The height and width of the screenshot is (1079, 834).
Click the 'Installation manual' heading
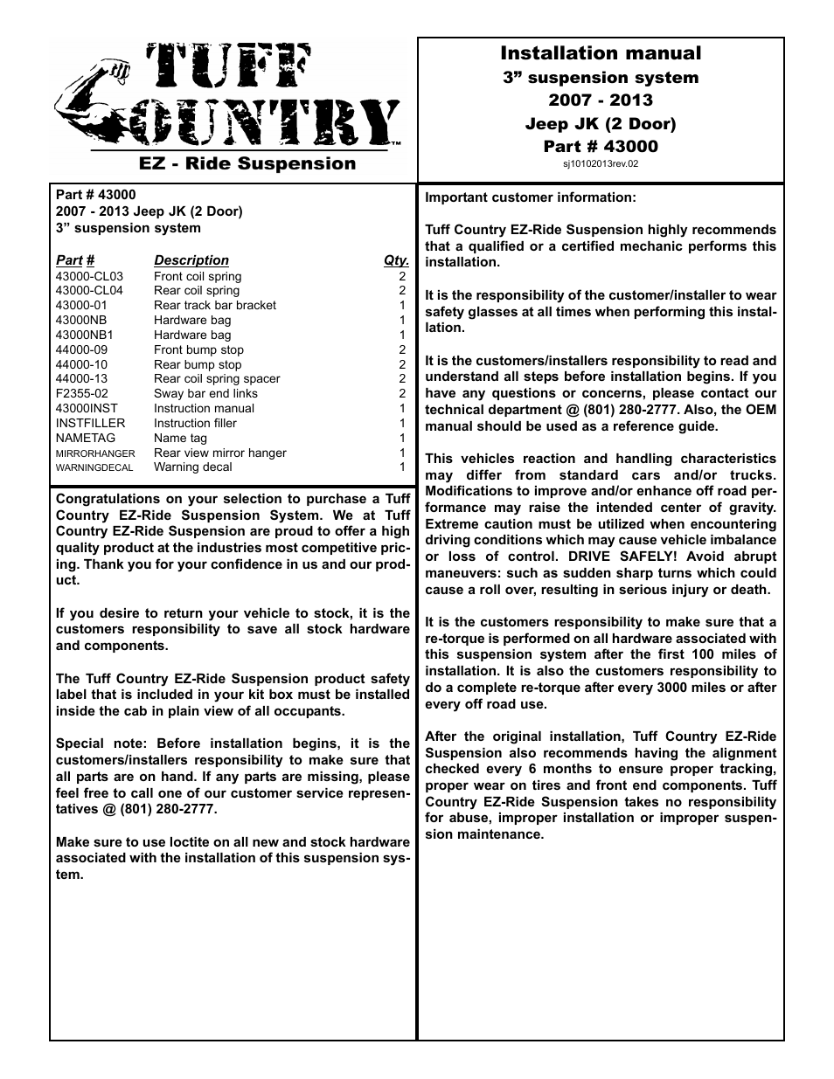pos(601,53)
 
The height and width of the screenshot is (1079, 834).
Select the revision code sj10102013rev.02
pos(601,163)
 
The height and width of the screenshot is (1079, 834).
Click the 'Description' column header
pos(191,260)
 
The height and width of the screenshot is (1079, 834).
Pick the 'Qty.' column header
pos(396,260)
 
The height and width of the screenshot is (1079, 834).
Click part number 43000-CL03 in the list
pos(89,276)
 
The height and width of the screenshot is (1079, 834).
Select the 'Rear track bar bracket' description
pos(214,305)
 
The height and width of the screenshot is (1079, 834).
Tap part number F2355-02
pos(81,393)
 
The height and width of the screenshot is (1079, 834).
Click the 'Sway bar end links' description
pos(205,393)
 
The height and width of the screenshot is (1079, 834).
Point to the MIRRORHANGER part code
pos(95,453)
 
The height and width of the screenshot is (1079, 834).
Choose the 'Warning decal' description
pos(192,467)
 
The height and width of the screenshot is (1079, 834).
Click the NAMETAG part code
pos(80,438)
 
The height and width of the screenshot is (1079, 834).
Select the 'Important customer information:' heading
pos(531,197)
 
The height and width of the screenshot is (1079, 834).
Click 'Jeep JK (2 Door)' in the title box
pos(601,123)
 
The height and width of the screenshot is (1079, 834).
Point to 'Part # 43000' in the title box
pos(601,146)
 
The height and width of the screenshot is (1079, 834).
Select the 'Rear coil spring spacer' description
pos(217,378)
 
